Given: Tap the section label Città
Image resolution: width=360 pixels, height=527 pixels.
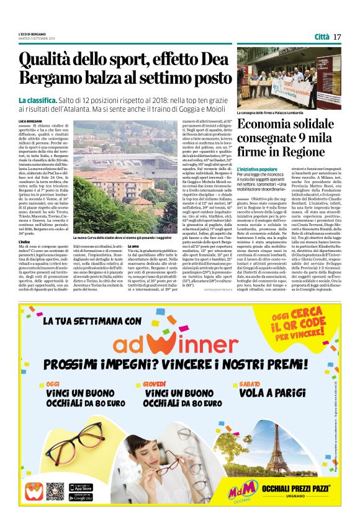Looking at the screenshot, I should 322,37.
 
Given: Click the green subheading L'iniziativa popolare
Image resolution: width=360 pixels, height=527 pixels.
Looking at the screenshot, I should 257,169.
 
